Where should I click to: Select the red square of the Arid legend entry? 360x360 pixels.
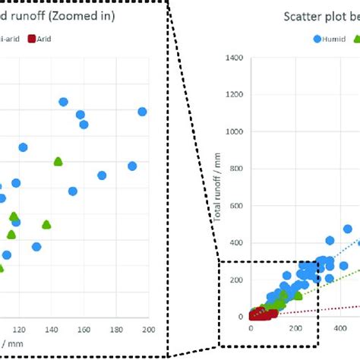coord(32,38)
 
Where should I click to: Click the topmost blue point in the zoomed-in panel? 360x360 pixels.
coord(63,102)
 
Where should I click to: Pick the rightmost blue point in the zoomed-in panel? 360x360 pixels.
coord(142,112)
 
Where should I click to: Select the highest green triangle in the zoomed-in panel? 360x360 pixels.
coord(58,161)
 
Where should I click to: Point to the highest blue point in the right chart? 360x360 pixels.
coord(348,229)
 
